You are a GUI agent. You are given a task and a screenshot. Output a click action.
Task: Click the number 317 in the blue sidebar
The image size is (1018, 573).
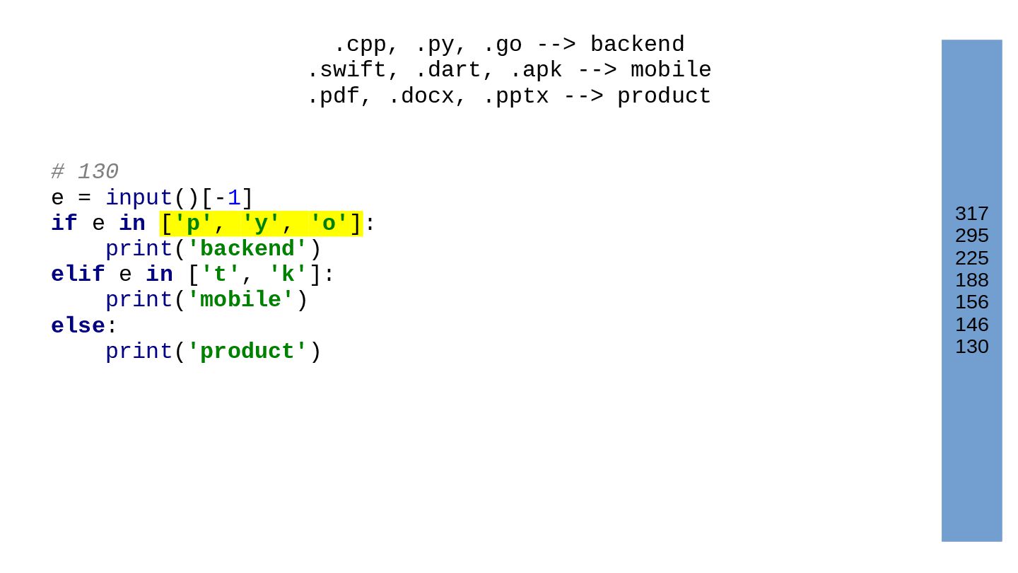tap(971, 214)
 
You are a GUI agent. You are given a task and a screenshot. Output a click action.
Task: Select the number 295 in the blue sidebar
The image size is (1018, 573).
tap(971, 236)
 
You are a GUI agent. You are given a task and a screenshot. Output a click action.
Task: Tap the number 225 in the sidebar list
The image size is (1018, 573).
tap(971, 258)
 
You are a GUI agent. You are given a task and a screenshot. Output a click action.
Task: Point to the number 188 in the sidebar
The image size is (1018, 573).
tap(971, 280)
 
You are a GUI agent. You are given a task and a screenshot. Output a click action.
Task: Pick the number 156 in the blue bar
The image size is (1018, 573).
tap(971, 302)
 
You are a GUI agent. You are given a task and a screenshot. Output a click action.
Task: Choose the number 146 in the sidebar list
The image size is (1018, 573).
tap(971, 325)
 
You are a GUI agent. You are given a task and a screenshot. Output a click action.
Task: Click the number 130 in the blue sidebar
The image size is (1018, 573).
tap(971, 347)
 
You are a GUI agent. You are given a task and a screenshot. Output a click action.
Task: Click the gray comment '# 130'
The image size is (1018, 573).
tap(85, 172)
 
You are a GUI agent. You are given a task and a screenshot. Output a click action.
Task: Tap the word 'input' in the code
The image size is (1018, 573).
tap(139, 199)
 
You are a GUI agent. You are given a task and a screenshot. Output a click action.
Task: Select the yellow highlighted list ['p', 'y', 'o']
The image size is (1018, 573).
tap(261, 224)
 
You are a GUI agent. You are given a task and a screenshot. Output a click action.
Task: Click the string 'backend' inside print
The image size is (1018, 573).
tap(247, 250)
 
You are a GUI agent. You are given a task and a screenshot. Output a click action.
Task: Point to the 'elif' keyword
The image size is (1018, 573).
tap(78, 274)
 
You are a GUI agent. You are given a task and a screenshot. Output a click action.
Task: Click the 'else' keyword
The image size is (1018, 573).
tap(78, 326)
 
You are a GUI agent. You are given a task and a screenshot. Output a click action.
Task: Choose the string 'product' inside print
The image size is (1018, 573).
tap(247, 352)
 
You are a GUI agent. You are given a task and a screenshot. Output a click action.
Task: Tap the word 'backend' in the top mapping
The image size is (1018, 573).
tap(637, 45)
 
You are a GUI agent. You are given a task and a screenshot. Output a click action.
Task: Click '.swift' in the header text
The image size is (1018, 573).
tap(346, 71)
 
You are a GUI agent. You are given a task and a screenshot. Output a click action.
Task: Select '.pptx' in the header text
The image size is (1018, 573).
tap(515, 96)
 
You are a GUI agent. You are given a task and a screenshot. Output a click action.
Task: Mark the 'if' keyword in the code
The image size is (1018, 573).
tap(64, 224)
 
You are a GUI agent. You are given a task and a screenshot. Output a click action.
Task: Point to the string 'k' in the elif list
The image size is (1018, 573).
tap(288, 274)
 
